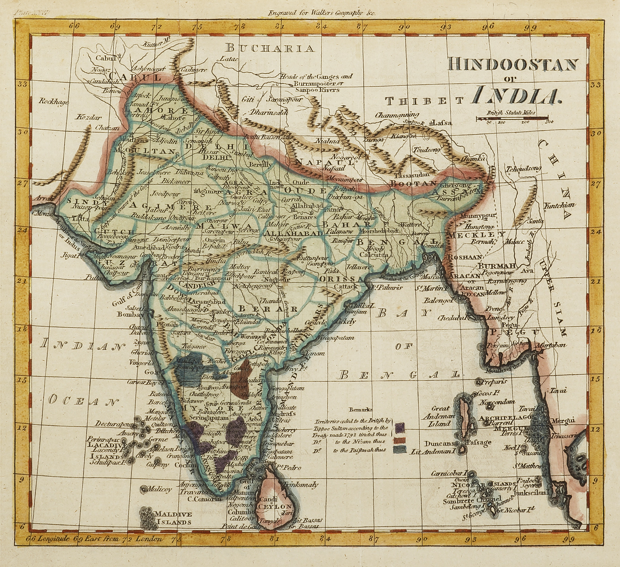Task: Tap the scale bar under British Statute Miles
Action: [x=511, y=118]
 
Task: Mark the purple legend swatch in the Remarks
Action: [x=400, y=426]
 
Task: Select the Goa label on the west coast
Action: [x=150, y=372]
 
